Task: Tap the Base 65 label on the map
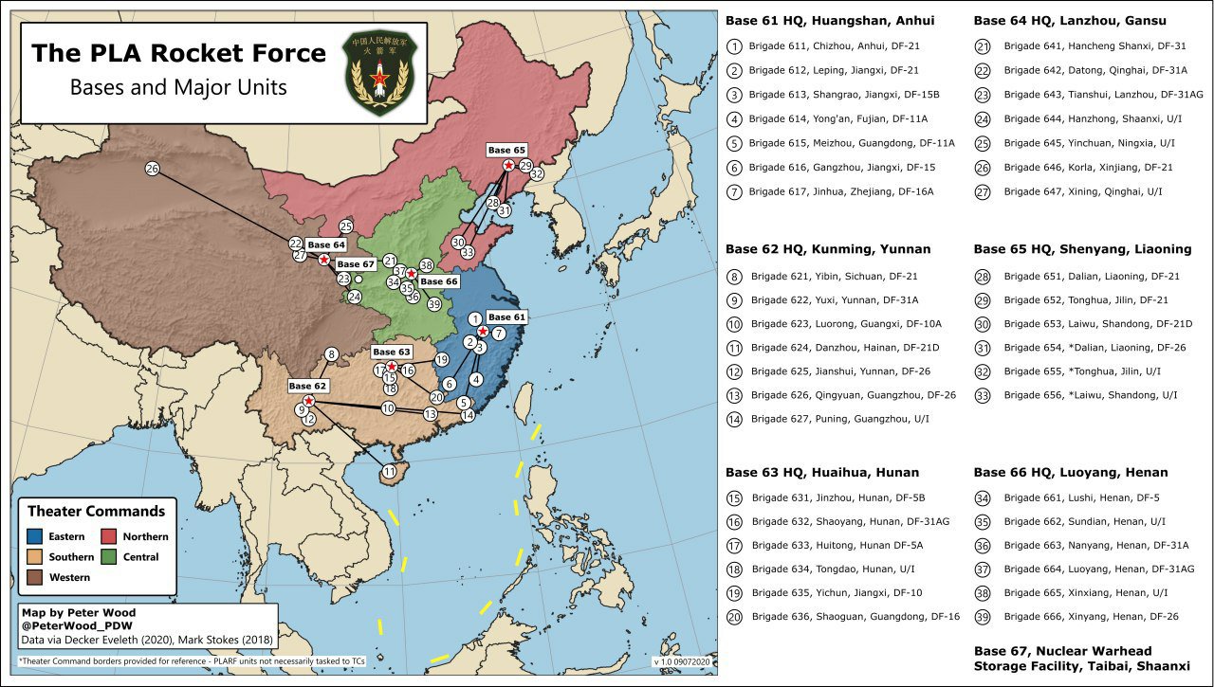(x=506, y=150)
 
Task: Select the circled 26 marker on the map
(x=152, y=169)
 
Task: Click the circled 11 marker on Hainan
(x=389, y=471)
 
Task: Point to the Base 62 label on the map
(x=307, y=386)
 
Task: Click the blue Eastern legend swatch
(x=34, y=536)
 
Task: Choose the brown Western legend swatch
(x=34, y=577)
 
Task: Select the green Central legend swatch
(x=108, y=557)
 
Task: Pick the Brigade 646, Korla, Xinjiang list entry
(x=1081, y=168)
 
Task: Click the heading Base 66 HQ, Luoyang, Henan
(x=1070, y=472)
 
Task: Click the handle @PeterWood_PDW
(x=71, y=626)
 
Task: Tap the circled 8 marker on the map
(x=331, y=354)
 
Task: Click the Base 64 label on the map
(x=325, y=244)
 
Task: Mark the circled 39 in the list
(x=983, y=616)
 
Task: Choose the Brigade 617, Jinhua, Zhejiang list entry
(x=840, y=191)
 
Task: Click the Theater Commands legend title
(x=96, y=512)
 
